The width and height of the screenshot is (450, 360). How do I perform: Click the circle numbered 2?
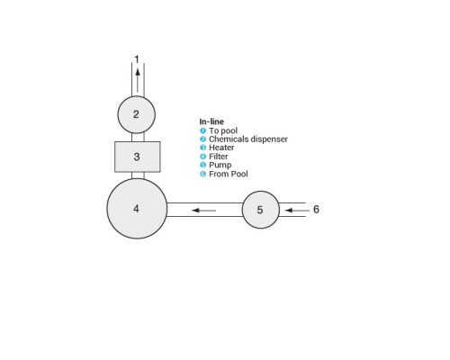(x=137, y=114)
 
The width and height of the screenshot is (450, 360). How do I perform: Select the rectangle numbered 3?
(x=138, y=157)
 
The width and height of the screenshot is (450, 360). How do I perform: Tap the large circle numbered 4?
(x=137, y=209)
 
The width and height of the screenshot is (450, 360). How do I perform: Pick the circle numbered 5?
(x=261, y=210)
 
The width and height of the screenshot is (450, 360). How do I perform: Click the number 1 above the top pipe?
(x=137, y=59)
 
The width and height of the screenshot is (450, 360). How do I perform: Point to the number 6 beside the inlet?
(x=316, y=210)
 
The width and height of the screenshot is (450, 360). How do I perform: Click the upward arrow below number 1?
(x=138, y=80)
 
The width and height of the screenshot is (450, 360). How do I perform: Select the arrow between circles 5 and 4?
(x=203, y=211)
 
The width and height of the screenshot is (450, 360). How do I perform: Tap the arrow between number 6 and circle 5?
(x=297, y=211)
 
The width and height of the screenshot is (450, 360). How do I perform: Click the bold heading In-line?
(x=211, y=121)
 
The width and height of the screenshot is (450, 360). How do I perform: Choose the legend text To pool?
(x=223, y=130)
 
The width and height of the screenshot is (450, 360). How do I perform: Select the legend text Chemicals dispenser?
(x=248, y=139)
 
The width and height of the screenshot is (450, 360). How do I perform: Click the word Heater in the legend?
(x=221, y=148)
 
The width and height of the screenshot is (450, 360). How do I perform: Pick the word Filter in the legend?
(x=219, y=157)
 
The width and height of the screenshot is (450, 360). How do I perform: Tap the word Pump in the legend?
(x=220, y=166)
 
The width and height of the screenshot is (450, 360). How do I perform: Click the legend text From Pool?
(x=229, y=174)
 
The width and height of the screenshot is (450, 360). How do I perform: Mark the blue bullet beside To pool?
(x=203, y=130)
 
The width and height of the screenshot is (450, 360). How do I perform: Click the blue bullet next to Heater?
(x=203, y=148)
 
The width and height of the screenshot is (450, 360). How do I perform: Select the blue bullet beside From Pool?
(x=203, y=174)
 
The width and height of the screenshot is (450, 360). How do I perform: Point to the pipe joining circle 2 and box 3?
(x=138, y=138)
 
